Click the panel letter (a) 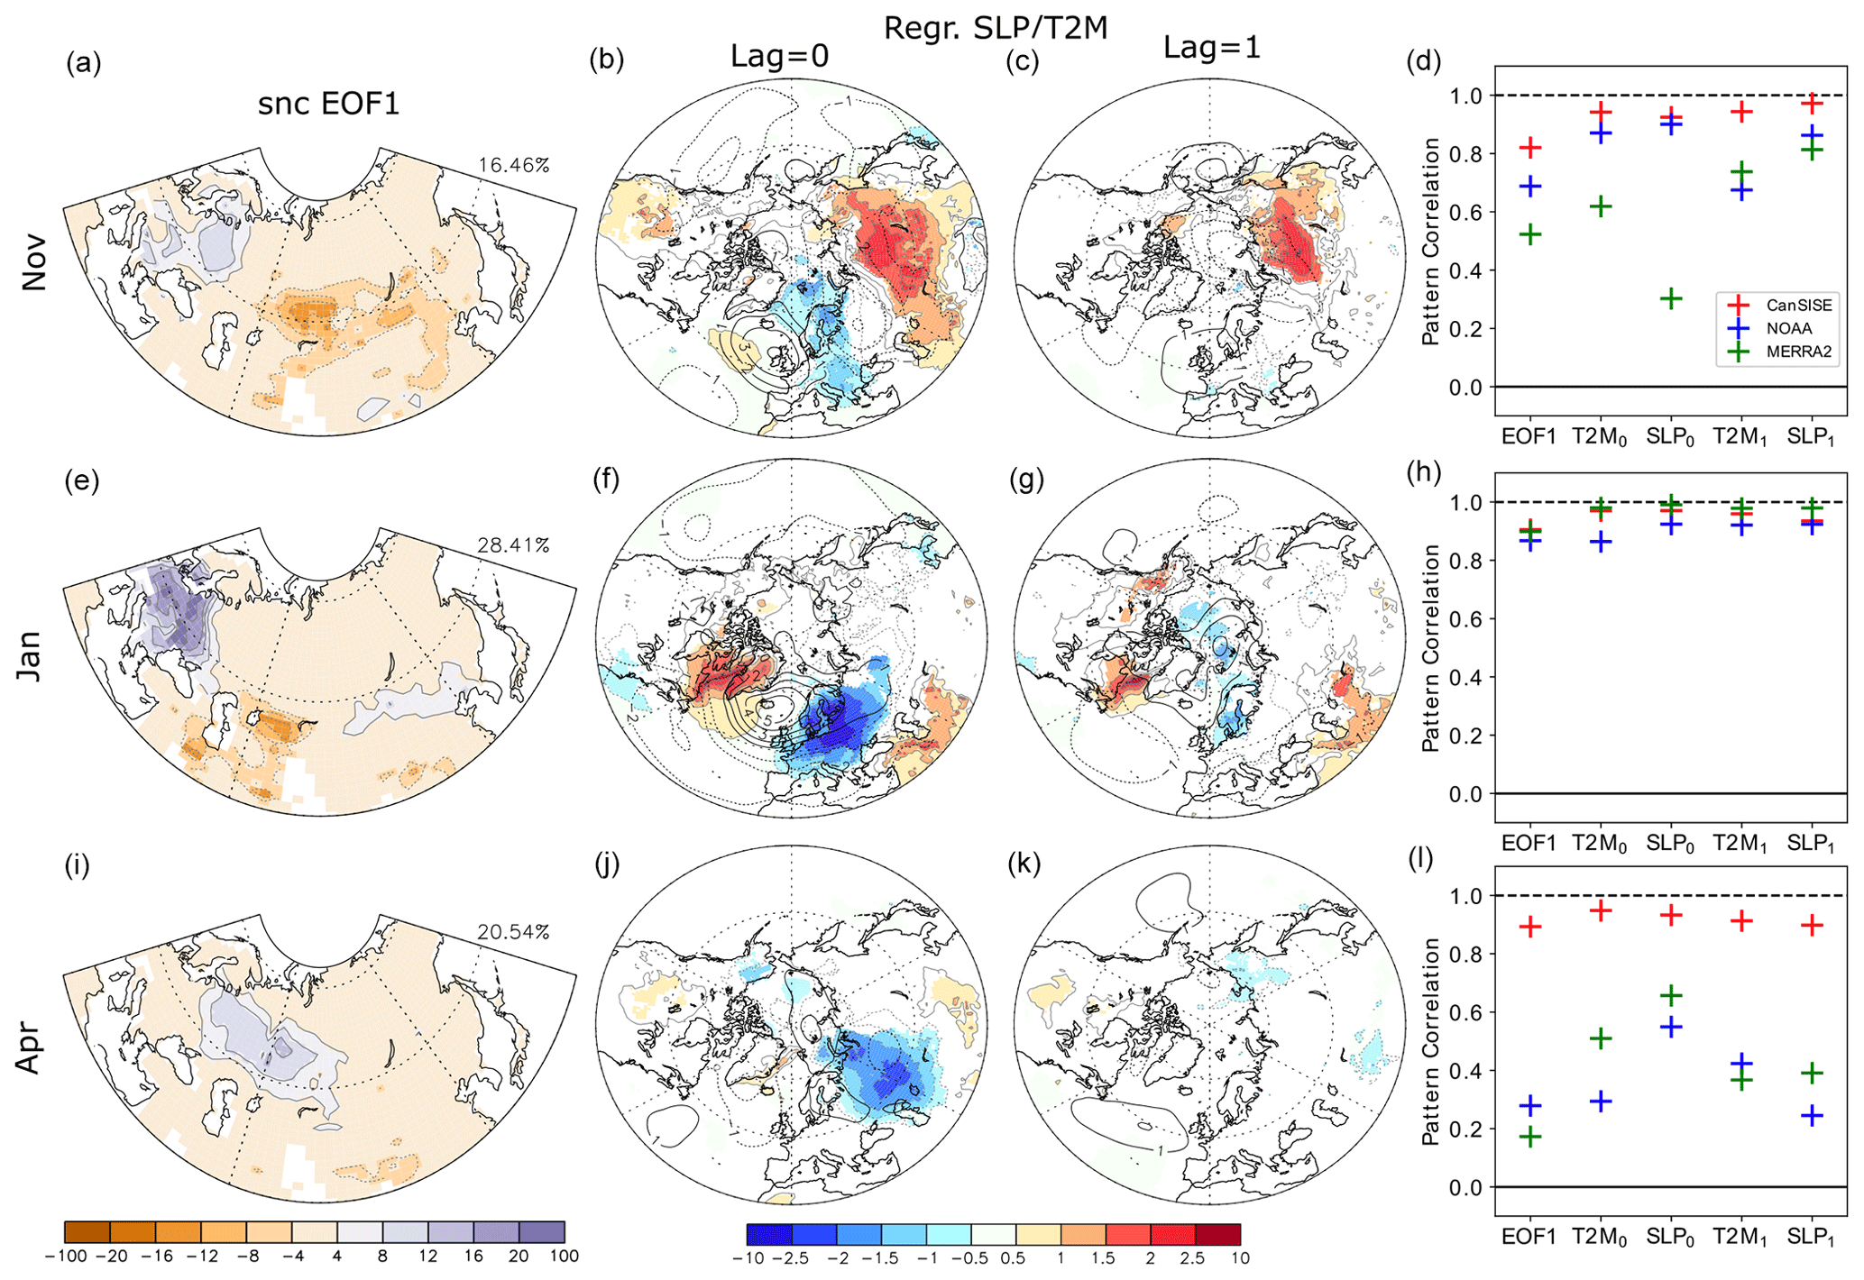[x=83, y=63]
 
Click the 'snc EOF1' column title [x=328, y=104]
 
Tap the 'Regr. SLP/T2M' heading [x=995, y=28]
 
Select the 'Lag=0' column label [x=779, y=56]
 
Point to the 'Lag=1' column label [x=1211, y=47]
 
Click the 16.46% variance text [x=513, y=165]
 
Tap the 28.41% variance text [x=513, y=545]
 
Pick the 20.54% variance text [x=513, y=932]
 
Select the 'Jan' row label [x=31, y=655]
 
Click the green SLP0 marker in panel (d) [x=1671, y=298]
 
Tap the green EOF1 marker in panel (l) [x=1529, y=1137]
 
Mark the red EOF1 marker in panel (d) [x=1529, y=147]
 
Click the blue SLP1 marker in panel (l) [x=1813, y=1116]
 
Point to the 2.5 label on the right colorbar [x=1192, y=1257]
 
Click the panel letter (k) [x=1024, y=864]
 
